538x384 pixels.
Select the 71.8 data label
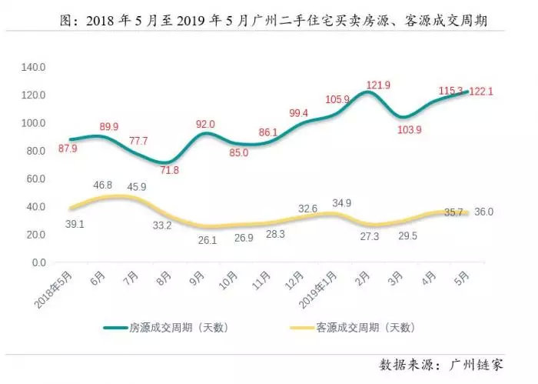pyautogui.click(x=168, y=170)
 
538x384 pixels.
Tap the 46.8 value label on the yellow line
pyautogui.click(x=102, y=185)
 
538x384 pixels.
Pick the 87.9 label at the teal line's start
pyautogui.click(x=67, y=150)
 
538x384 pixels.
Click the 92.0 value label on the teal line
pyautogui.click(x=205, y=124)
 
